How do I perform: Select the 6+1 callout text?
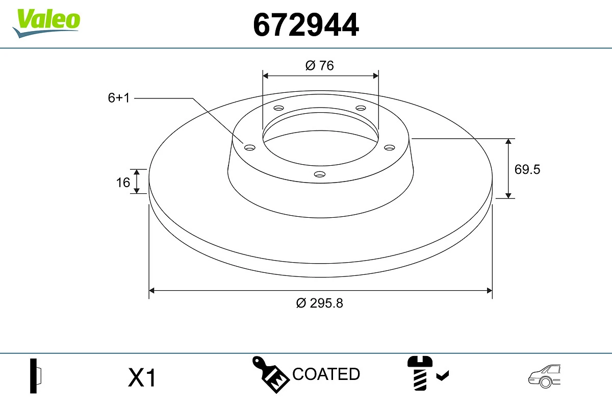point(119,98)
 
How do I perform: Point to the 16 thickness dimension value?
point(123,182)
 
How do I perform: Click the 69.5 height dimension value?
point(527,169)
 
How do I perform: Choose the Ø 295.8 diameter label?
point(320,303)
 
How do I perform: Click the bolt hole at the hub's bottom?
point(320,174)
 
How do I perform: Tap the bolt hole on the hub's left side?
point(250,147)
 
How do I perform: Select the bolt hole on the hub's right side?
point(390,147)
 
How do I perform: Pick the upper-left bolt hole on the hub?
point(278,108)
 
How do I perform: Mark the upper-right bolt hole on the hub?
point(361,108)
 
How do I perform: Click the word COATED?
point(326,374)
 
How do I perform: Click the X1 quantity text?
point(142,378)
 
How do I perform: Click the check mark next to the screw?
point(443,376)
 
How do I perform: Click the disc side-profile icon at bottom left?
point(36,376)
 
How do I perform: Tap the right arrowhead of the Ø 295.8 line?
point(489,291)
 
